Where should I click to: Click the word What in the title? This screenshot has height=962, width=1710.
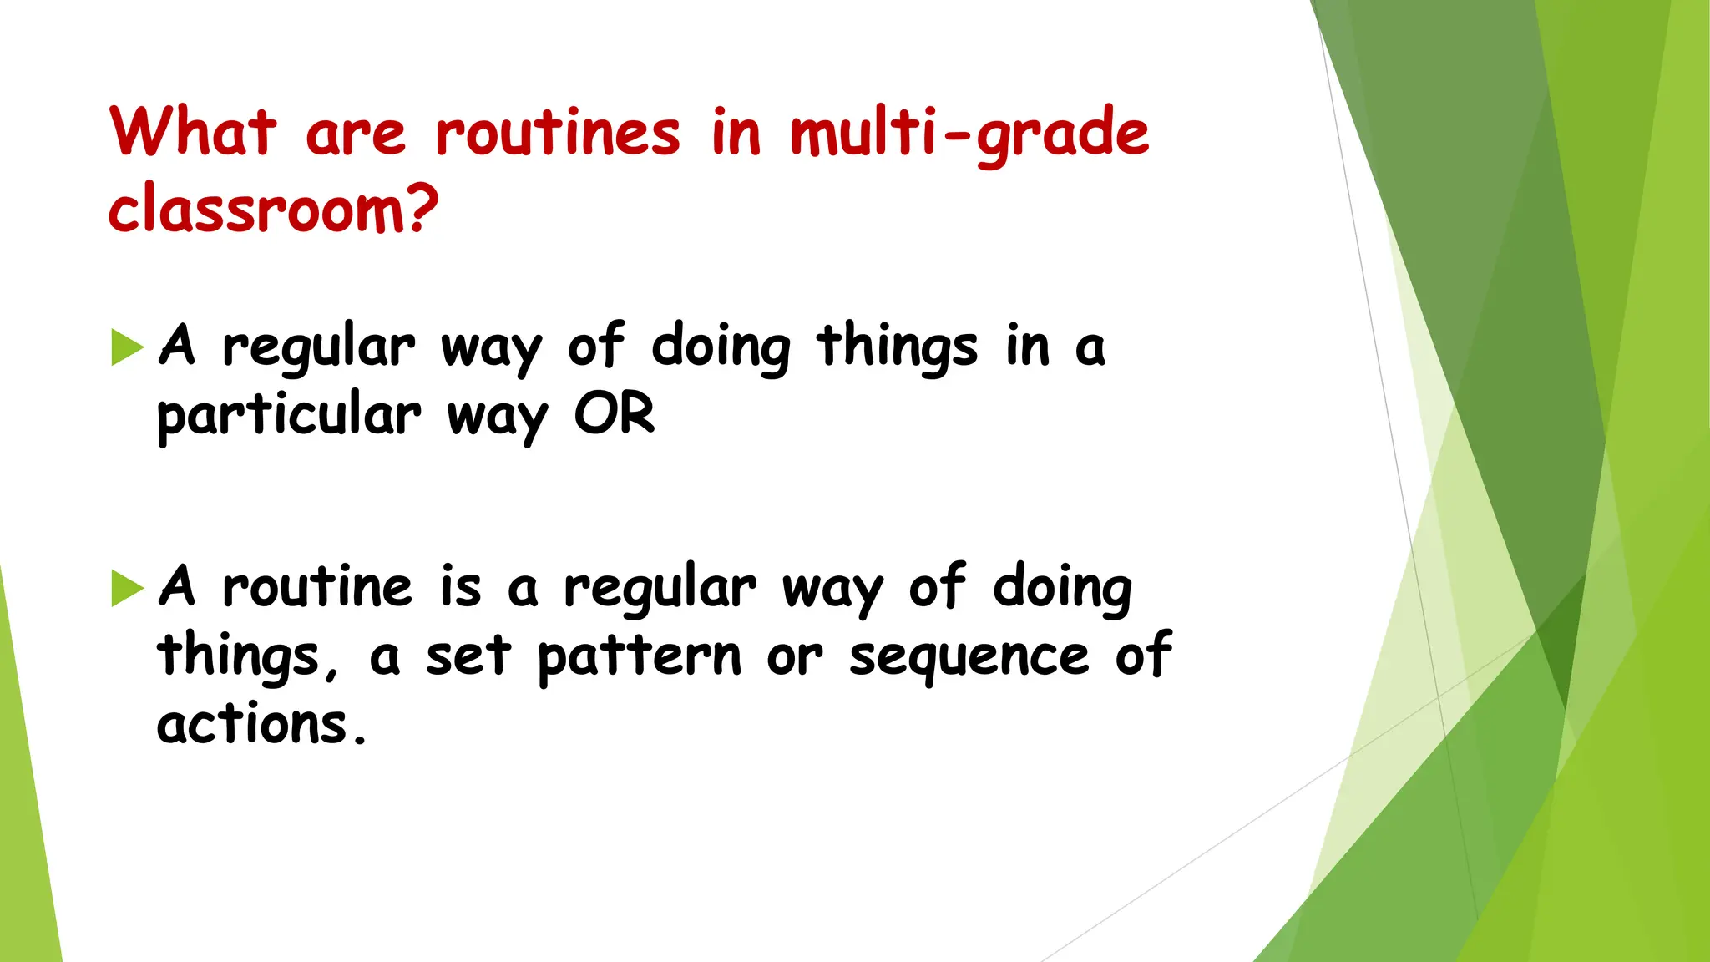point(192,132)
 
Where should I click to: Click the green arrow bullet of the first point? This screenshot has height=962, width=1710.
point(127,347)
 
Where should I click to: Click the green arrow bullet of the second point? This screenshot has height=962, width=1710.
point(127,589)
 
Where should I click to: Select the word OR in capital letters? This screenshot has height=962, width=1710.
point(615,414)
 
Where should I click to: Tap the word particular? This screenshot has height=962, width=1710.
point(289,416)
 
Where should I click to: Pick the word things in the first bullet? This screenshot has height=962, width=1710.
point(897,347)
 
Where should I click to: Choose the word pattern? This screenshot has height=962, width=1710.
point(639,657)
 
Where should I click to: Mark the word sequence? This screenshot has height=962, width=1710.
point(969,657)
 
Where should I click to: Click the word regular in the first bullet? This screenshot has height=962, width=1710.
point(318,347)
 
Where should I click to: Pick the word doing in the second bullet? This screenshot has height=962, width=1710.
point(1062,589)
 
